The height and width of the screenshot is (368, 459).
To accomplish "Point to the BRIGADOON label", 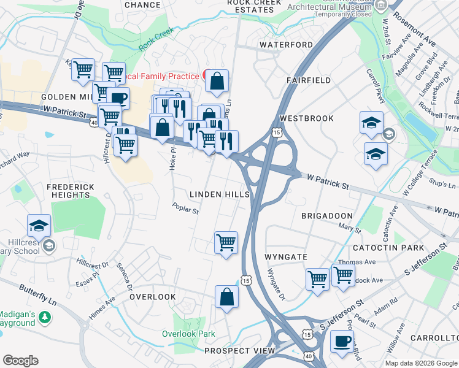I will (327, 216).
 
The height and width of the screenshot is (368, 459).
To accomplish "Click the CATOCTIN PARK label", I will (388, 248).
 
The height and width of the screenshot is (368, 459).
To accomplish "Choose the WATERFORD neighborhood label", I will (286, 45).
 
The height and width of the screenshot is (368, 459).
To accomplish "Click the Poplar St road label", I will (185, 209).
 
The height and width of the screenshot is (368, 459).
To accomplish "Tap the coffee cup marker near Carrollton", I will (342, 341).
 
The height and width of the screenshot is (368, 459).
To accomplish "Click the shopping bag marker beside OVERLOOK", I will (226, 296).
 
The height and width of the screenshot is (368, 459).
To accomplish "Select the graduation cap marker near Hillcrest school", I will (39, 225).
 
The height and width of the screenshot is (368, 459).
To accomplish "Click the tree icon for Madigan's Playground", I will (44, 317).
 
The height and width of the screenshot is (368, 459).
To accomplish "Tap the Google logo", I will (20, 361).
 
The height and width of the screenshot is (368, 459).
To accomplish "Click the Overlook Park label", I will (188, 334).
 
